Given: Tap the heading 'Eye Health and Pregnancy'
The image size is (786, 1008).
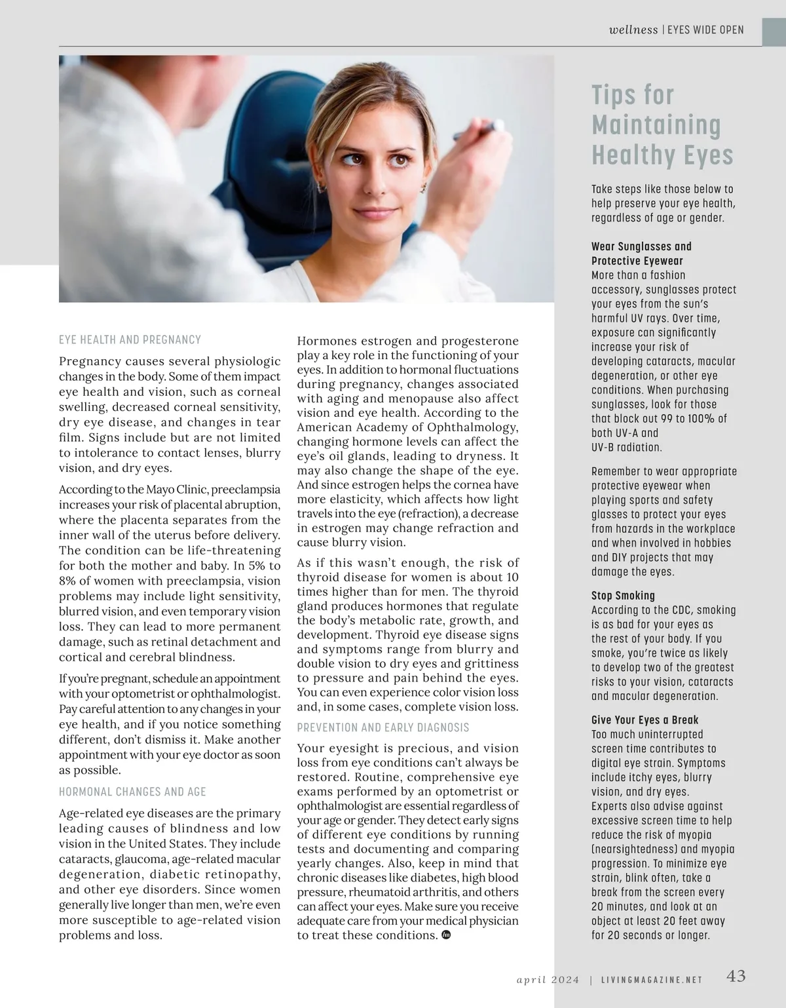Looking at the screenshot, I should pyautogui.click(x=130, y=340).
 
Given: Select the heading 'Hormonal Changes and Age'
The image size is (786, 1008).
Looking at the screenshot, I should pyautogui.click(x=132, y=792).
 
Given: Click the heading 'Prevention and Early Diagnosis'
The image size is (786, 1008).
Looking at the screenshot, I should pyautogui.click(x=383, y=727).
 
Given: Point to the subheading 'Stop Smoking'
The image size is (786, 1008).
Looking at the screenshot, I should pyautogui.click(x=623, y=596).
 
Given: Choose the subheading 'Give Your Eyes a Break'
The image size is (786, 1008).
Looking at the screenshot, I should pyautogui.click(x=645, y=720).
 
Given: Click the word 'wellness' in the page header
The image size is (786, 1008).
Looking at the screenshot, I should pyautogui.click(x=633, y=29).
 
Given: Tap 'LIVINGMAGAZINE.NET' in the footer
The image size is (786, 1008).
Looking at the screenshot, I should pyautogui.click(x=652, y=980).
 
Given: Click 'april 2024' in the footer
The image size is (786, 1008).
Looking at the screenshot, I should pyautogui.click(x=548, y=980).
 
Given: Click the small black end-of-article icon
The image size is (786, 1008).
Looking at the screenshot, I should pyautogui.click(x=447, y=935).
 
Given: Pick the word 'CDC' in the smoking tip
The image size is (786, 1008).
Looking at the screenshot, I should pyautogui.click(x=677, y=610).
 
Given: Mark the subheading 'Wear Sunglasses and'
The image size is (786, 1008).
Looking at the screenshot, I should pyautogui.click(x=641, y=246).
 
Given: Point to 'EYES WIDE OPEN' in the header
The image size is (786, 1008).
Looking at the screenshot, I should pyautogui.click(x=705, y=30).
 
